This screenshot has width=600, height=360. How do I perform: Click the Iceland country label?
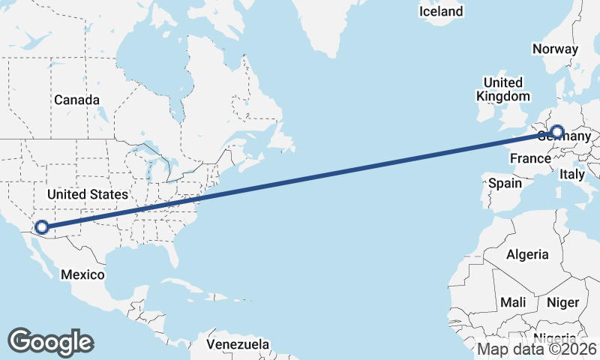441,11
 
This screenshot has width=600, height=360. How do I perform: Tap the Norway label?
555,49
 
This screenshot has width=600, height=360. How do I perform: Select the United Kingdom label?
502,89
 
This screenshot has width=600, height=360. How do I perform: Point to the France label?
530,158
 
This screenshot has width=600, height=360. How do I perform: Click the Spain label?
505,183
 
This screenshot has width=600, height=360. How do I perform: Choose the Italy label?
572,174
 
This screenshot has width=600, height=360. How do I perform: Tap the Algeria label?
527,255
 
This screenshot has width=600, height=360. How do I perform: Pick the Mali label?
514,302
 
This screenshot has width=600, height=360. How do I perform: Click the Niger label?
563,302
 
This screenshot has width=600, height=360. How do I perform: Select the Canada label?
76,100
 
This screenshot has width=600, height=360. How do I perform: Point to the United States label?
87,194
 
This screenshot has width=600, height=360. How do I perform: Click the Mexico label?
82,274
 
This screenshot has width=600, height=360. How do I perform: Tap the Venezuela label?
237,344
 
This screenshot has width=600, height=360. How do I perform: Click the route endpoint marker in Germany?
556,133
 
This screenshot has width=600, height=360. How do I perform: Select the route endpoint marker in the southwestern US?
42,226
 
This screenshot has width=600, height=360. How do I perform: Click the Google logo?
50,341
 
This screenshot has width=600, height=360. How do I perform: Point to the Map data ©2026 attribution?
537,349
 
